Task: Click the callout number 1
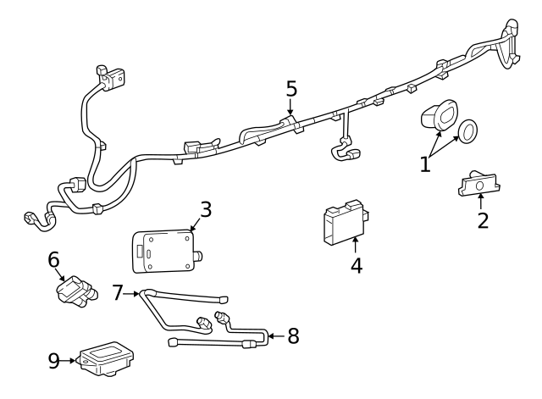(x=425, y=163)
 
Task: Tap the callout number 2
(x=482, y=221)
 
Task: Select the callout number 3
(x=205, y=208)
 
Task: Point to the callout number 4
(x=357, y=264)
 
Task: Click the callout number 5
(x=291, y=89)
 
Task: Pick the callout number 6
(x=53, y=260)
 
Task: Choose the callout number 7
(x=118, y=293)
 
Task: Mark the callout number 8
(x=293, y=335)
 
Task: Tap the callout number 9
(x=54, y=360)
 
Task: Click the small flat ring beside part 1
(x=467, y=130)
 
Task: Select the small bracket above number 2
(x=478, y=184)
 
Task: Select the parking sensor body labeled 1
(x=438, y=115)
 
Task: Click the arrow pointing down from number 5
(x=291, y=108)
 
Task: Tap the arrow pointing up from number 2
(x=481, y=202)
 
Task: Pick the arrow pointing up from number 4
(x=355, y=244)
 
